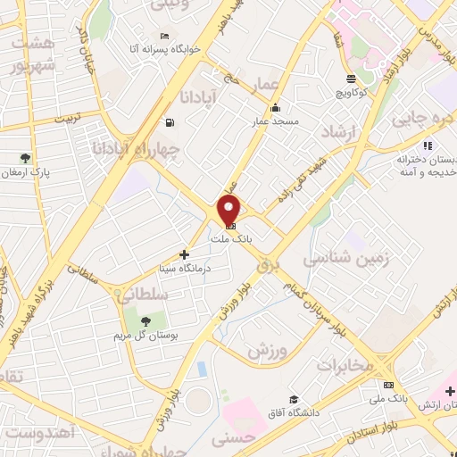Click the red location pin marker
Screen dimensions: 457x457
pyautogui.click(x=229, y=212)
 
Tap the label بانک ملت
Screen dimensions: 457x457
pyautogui.click(x=229, y=239)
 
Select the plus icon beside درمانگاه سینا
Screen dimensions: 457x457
pyautogui.click(x=185, y=254)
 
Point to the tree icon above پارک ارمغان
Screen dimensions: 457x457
pyautogui.click(x=25, y=158)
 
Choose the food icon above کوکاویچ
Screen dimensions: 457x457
pyautogui.click(x=350, y=79)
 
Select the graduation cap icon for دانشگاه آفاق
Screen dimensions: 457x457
pyautogui.click(x=293, y=399)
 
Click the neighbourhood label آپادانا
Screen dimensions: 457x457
pyautogui.click(x=196, y=96)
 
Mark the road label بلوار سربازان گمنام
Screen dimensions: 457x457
pyautogui.click(x=299, y=304)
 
